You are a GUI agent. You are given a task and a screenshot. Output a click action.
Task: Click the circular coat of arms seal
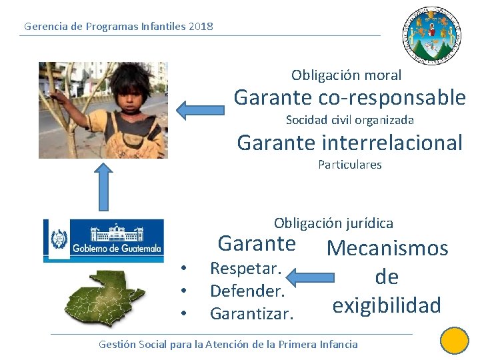click(432, 36)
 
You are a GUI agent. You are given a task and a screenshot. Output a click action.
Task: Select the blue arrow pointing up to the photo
click(103, 187)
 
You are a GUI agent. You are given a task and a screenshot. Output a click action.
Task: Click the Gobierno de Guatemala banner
click(103, 238)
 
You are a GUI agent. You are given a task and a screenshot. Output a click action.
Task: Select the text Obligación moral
click(346, 75)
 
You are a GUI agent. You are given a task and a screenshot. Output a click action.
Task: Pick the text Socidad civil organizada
click(349, 120)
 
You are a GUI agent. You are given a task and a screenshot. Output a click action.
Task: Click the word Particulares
click(349, 165)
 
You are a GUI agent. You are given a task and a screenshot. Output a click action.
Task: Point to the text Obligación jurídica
click(333, 223)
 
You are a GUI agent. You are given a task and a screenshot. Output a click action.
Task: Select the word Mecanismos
click(387, 249)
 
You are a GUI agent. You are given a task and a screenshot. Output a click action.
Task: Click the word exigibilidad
click(387, 305)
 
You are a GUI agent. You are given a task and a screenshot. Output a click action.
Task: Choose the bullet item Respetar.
click(245, 269)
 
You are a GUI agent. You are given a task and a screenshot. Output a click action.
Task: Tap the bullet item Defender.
click(247, 291)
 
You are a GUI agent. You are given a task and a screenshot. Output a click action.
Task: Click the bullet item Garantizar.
click(251, 313)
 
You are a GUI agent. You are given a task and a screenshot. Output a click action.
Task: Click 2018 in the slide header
click(201, 27)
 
